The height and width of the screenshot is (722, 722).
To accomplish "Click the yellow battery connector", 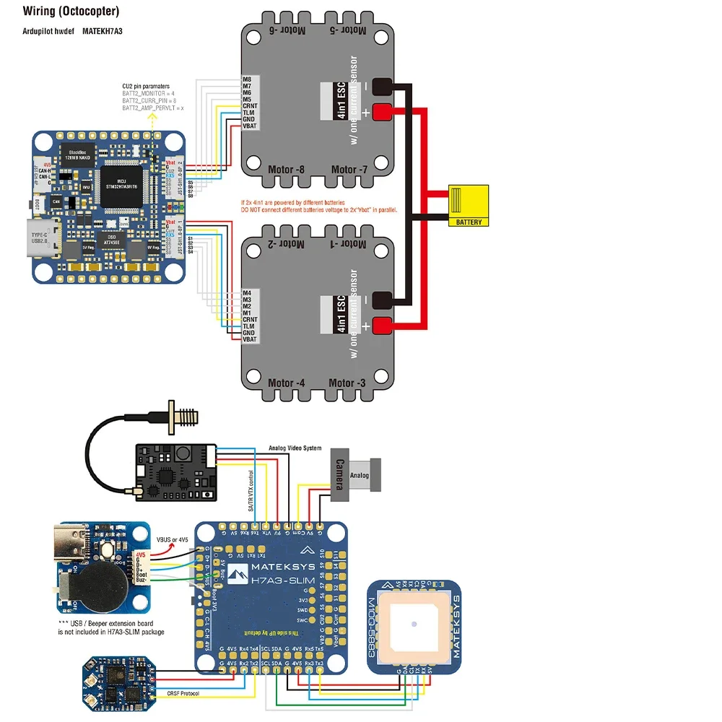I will coord(469,206).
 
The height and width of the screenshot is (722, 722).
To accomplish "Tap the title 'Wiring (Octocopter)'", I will coord(71,12).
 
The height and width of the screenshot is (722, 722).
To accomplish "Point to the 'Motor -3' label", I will coord(352,383).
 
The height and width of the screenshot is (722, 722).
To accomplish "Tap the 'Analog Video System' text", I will coord(295,448).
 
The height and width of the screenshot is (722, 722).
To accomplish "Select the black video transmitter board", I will coord(176,471).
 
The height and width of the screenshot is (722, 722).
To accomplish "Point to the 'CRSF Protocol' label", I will coord(183,693).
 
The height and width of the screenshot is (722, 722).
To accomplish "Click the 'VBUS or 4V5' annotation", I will coord(173,540).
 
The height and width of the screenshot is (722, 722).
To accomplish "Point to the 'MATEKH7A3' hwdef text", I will coord(102,32).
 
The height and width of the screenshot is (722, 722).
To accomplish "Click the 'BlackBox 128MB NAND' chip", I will coord(72,152).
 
